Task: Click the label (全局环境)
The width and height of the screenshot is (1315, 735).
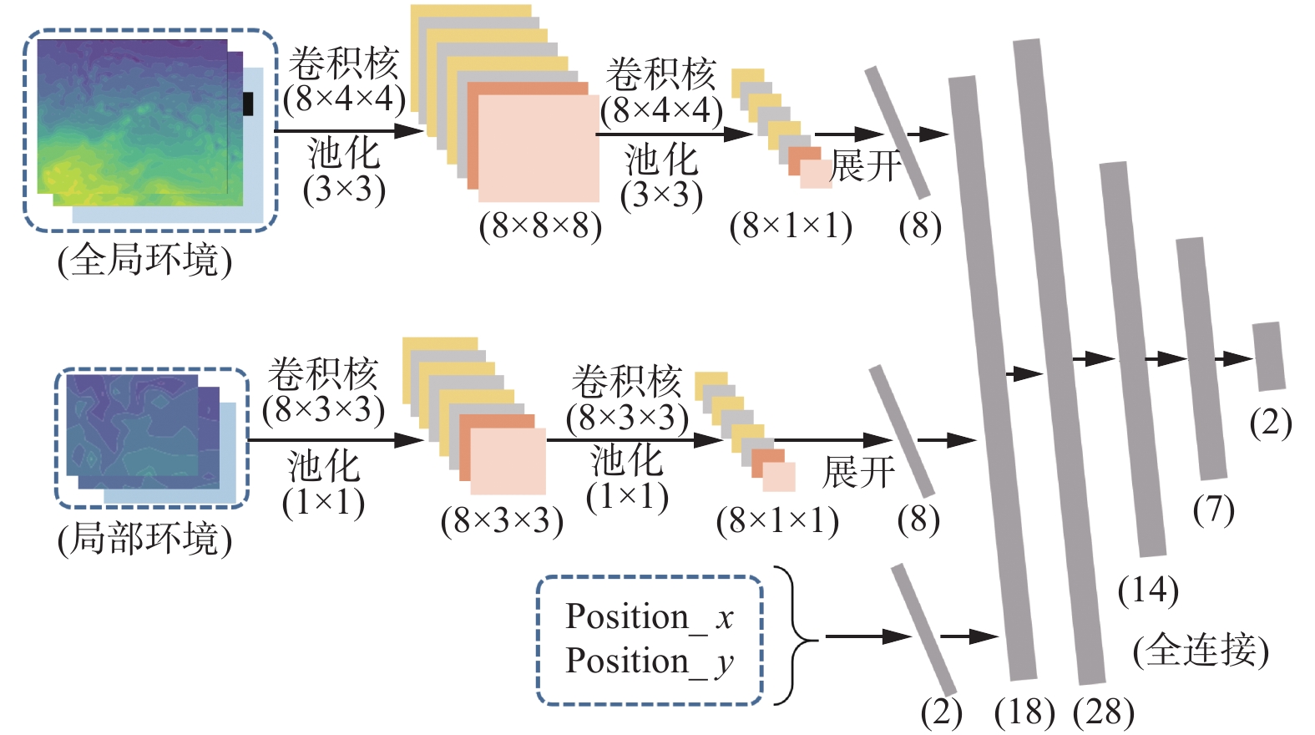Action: tap(144, 261)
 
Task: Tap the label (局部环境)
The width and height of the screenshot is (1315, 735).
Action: tap(144, 539)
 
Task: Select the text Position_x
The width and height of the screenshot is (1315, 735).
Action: tap(649, 617)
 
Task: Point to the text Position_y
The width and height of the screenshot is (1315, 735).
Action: tap(649, 661)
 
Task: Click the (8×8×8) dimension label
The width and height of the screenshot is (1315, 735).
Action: tap(540, 226)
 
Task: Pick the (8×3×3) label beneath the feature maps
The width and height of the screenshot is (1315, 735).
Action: tap(502, 521)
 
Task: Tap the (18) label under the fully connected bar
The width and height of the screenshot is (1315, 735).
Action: tap(1024, 712)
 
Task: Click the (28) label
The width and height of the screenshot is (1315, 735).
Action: tap(1103, 712)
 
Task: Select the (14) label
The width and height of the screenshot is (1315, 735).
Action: tap(1148, 591)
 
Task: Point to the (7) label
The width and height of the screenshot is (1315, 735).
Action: tap(1213, 509)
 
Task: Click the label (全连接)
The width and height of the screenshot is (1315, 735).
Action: tap(1201, 650)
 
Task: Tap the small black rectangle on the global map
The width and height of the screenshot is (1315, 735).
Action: tap(248, 104)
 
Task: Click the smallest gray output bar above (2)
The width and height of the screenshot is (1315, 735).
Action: tap(1269, 357)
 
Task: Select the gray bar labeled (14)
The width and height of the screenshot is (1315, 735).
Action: tap(1133, 359)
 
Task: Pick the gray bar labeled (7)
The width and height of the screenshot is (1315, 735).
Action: tap(1201, 359)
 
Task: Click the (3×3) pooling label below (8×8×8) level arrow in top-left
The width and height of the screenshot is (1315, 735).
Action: tap(344, 190)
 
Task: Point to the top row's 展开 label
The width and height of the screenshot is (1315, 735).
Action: tap(866, 166)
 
